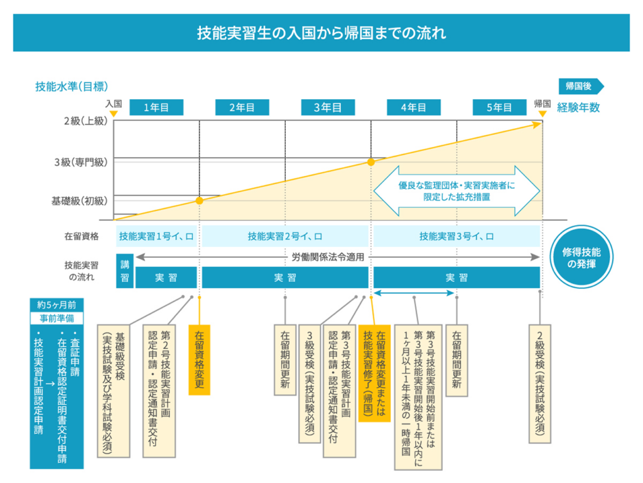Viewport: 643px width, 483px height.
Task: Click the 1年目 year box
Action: click(x=156, y=107)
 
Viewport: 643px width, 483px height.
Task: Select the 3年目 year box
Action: click(x=327, y=107)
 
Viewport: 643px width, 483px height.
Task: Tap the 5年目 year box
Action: click(x=499, y=107)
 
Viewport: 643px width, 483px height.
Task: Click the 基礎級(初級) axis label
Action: click(x=80, y=202)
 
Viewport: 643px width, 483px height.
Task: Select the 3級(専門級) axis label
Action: click(x=81, y=162)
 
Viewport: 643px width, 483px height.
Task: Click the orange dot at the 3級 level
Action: click(x=371, y=162)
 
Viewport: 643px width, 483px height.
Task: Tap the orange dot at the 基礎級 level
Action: click(x=199, y=201)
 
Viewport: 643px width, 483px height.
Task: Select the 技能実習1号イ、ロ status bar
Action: click(x=156, y=237)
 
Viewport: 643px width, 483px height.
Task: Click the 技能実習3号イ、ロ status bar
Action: click(x=457, y=237)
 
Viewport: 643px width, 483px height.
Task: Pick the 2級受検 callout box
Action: click(x=541, y=383)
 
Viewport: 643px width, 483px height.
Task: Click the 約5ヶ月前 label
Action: click(x=57, y=304)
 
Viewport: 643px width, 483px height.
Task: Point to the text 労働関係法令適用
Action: click(x=328, y=257)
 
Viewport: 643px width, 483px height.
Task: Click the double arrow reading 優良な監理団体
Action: click(x=457, y=191)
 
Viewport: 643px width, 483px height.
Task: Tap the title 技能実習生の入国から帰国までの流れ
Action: click(x=321, y=33)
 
